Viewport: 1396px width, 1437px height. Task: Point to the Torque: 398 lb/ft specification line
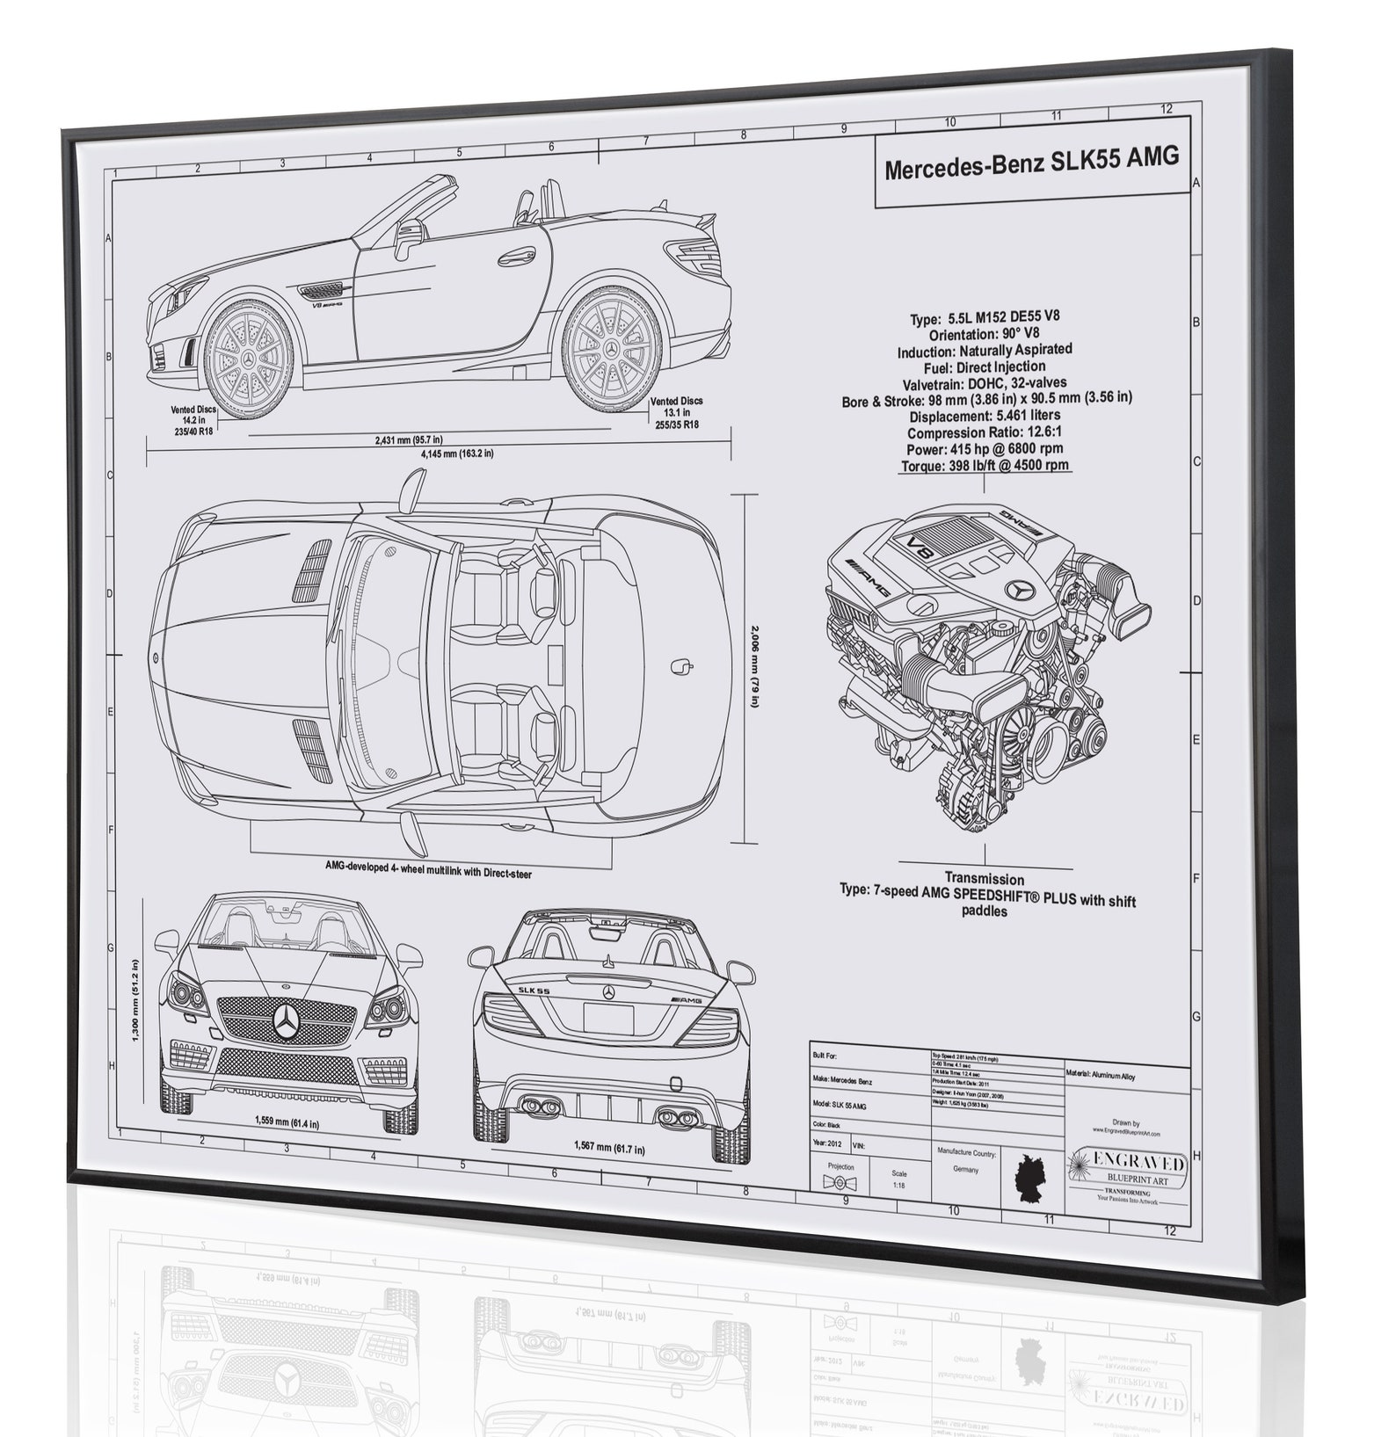tap(985, 466)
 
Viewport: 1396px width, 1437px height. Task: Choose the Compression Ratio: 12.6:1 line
tap(985, 432)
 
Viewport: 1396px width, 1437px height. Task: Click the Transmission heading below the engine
tap(984, 878)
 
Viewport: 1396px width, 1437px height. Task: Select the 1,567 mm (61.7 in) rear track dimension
tap(608, 1148)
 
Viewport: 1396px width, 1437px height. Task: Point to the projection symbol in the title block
tap(840, 1183)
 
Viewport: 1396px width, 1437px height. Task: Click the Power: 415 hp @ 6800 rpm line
tap(985, 449)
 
